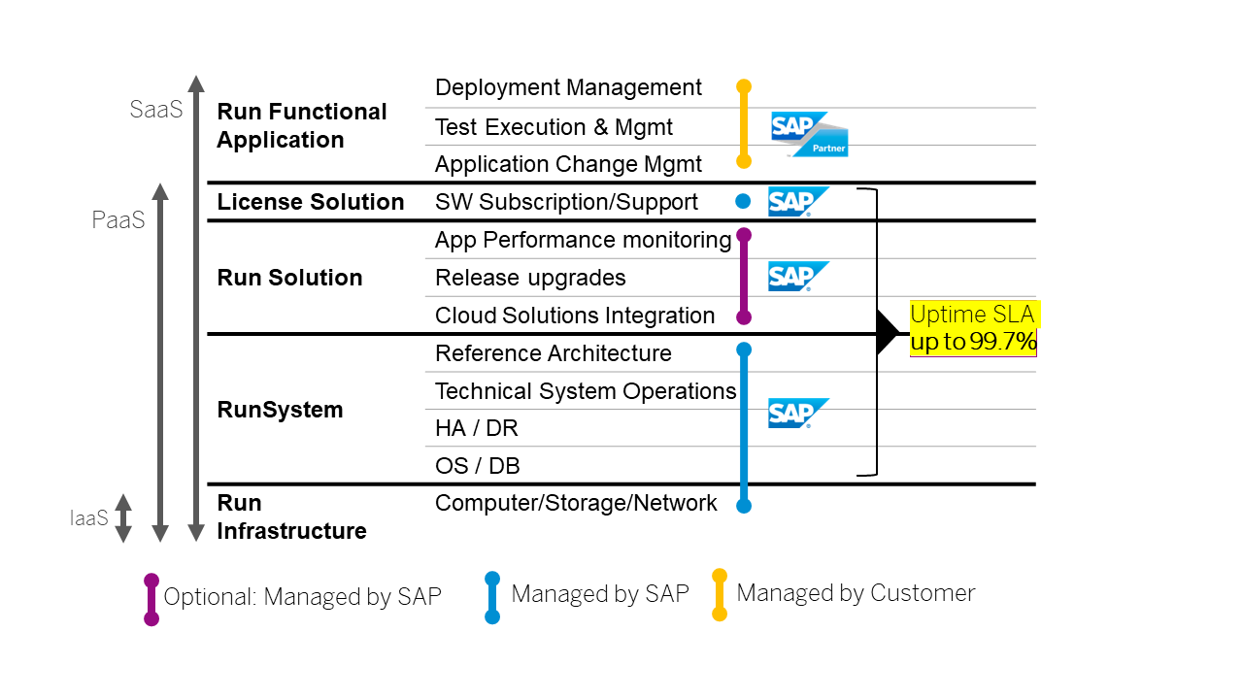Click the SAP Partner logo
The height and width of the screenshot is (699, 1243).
pos(809,134)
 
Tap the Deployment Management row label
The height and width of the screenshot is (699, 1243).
pos(568,87)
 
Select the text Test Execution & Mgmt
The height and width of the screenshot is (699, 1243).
pos(554,127)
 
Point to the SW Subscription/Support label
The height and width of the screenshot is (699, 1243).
pos(566,202)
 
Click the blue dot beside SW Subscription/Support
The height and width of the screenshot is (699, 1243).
pos(743,202)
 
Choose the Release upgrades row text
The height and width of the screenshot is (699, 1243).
pos(530,278)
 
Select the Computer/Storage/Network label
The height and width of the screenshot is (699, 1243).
pos(576,503)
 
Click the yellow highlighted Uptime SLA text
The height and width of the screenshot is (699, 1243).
pos(973,328)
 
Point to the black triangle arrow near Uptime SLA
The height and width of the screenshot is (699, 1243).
pos(888,333)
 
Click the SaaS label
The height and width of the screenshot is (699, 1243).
pos(156,110)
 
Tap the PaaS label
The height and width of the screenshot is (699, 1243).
pos(118,220)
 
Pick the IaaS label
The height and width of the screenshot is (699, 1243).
pos(89,518)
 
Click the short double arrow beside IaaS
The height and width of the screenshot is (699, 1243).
pos(123,517)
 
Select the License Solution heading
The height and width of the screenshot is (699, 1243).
pos(311,202)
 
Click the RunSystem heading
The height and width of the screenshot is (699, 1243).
pos(280,410)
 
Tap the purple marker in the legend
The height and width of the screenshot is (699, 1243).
pos(151,599)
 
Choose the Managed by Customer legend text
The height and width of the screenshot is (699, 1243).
pos(856,593)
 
